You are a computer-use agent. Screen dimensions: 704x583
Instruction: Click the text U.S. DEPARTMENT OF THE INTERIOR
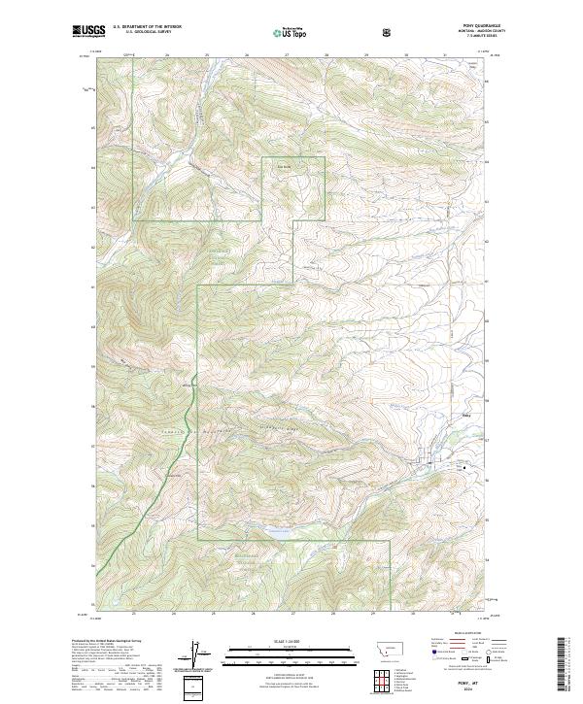pyautogui.click(x=147, y=27)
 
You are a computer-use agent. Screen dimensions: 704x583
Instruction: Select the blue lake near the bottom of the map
pyautogui.click(x=279, y=531)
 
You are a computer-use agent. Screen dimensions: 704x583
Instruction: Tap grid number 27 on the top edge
pyautogui.click(x=288, y=56)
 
